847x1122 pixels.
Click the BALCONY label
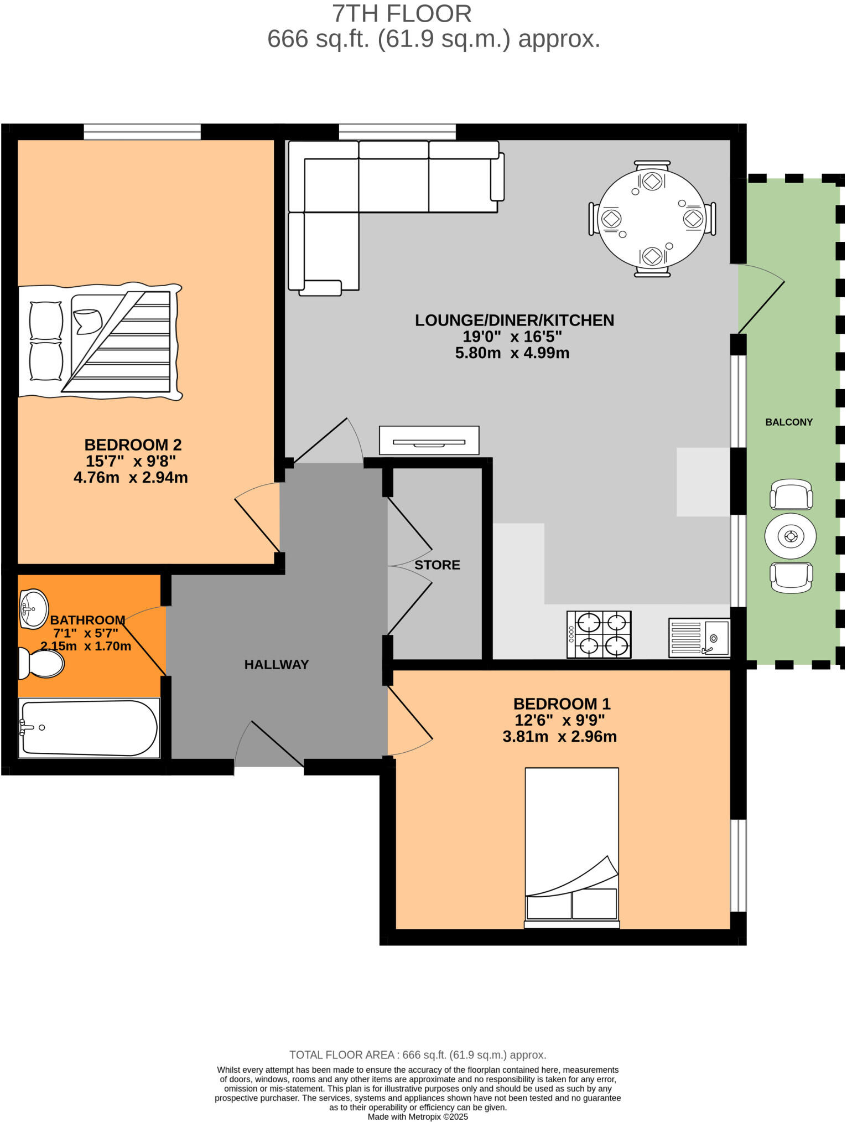[x=788, y=422]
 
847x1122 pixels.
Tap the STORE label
[x=437, y=565]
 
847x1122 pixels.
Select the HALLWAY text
[x=276, y=664]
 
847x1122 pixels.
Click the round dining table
[x=652, y=219]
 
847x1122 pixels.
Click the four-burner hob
[x=599, y=634]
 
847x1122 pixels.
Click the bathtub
[x=89, y=728]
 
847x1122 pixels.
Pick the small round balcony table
[x=791, y=536]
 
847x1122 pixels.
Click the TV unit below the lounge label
[x=429, y=441]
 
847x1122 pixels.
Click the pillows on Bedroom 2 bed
[x=45, y=341]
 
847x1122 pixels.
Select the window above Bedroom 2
[x=142, y=132]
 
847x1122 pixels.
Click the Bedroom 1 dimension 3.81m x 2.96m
[x=559, y=736]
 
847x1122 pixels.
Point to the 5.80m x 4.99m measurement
[x=512, y=353]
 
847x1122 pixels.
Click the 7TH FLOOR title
[x=402, y=14]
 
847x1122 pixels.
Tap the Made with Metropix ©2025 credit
[x=418, y=1116]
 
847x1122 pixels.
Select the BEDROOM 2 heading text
[x=133, y=444]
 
